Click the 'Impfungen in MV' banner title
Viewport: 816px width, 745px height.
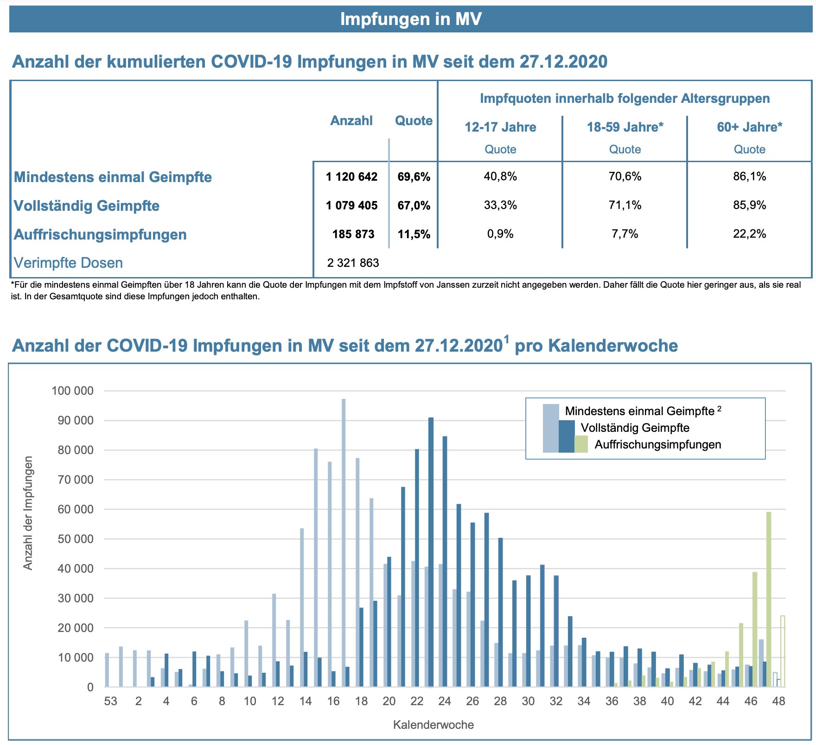pyautogui.click(x=411, y=19)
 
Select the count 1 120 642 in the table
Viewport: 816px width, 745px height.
pyautogui.click(x=351, y=177)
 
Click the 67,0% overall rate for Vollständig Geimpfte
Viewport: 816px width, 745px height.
pyautogui.click(x=414, y=205)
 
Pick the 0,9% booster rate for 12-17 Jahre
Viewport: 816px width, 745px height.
pyautogui.click(x=500, y=234)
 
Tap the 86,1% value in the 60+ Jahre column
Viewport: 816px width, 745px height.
pyautogui.click(x=749, y=177)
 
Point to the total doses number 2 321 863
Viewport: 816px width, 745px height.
pyautogui.click(x=353, y=263)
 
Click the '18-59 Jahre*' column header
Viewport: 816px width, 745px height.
pyautogui.click(x=625, y=127)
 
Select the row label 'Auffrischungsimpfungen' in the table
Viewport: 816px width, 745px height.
pyautogui.click(x=100, y=234)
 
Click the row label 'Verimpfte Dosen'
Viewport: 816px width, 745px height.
pyautogui.click(x=68, y=263)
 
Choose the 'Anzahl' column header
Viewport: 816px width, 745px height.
pyautogui.click(x=351, y=120)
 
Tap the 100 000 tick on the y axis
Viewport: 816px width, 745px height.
pyautogui.click(x=72, y=391)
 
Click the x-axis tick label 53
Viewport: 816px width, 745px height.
pyautogui.click(x=110, y=701)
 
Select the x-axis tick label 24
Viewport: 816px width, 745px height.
pyautogui.click(x=444, y=701)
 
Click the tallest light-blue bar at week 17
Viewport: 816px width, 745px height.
pyautogui.click(x=344, y=542)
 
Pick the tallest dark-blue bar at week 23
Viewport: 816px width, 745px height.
pyautogui.click(x=431, y=551)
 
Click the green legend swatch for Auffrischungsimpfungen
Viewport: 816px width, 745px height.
pyautogui.click(x=581, y=444)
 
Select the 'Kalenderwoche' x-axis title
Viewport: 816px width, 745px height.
pyautogui.click(x=433, y=725)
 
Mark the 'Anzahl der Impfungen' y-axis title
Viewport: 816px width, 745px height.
pyautogui.click(x=29, y=513)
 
